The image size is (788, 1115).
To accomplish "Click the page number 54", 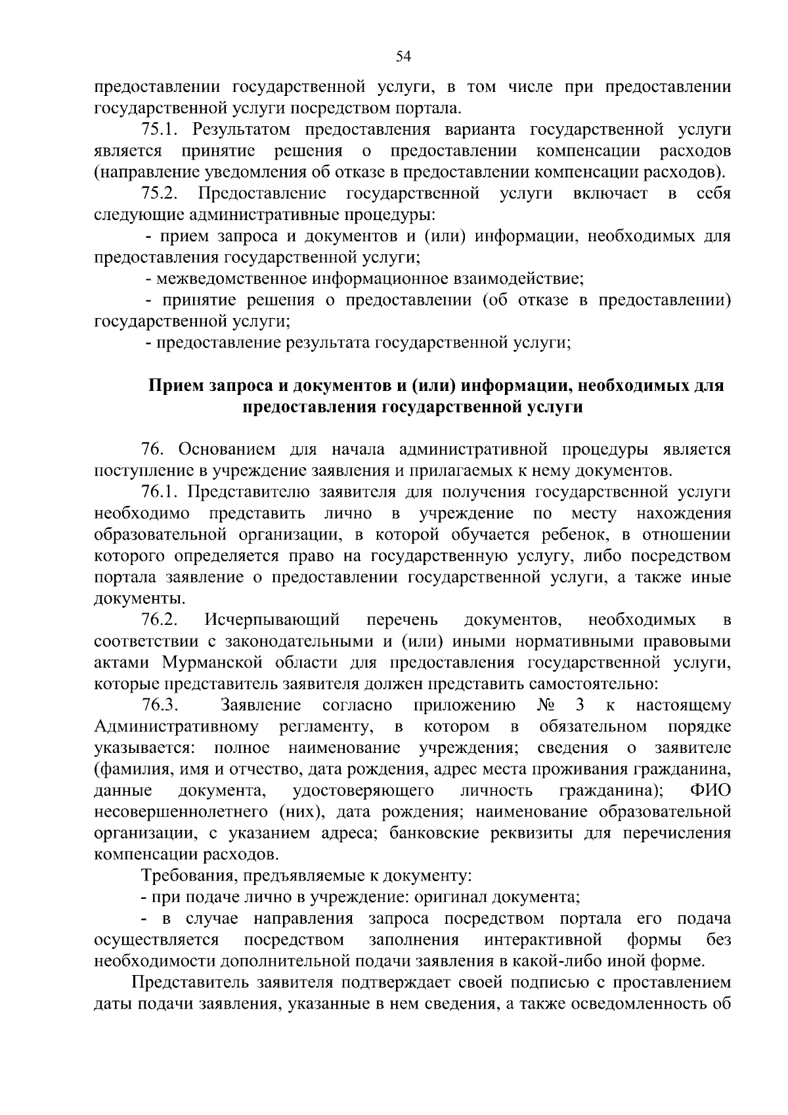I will click(x=403, y=57).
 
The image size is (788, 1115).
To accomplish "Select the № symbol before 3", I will click(x=547, y=706).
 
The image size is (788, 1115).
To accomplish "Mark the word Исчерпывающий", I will click(x=272, y=620).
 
